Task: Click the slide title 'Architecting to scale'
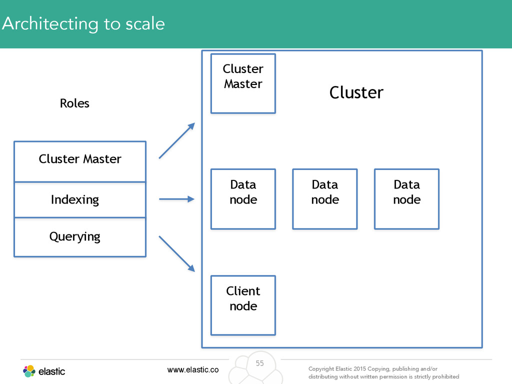pos(83,24)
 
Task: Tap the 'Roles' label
pos(74,103)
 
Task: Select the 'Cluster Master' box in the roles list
pos(80,161)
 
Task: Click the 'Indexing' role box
pos(80,199)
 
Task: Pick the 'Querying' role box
pos(80,237)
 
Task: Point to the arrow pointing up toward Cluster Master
pos(177,140)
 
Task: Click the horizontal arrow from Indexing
pos(176,199)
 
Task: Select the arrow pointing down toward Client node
pos(177,253)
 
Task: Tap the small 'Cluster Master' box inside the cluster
pos(243,83)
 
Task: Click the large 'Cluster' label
pos(356,92)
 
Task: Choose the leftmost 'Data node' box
pos(243,199)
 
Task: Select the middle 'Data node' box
pos(325,199)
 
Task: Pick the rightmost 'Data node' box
pos(407,199)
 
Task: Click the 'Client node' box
pos(243,305)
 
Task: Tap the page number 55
pos(259,363)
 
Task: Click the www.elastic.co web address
pos(193,369)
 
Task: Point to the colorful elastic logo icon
pos(29,371)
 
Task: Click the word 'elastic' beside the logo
pos(51,371)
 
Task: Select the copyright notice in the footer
pos(383,372)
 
